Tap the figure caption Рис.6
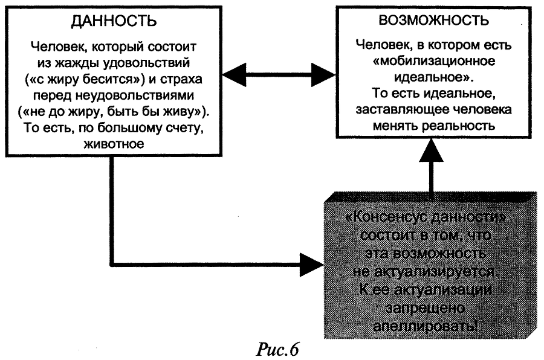click(279, 349)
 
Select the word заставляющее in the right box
click(394, 110)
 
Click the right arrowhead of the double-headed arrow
click(320, 76)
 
